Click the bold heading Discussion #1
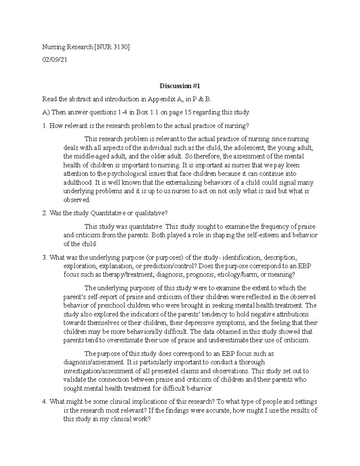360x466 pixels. [x=179, y=86]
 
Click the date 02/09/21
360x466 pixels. [x=55, y=60]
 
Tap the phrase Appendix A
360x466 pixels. [x=169, y=99]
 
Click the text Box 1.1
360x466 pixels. [x=148, y=113]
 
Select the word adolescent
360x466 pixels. [x=250, y=148]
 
